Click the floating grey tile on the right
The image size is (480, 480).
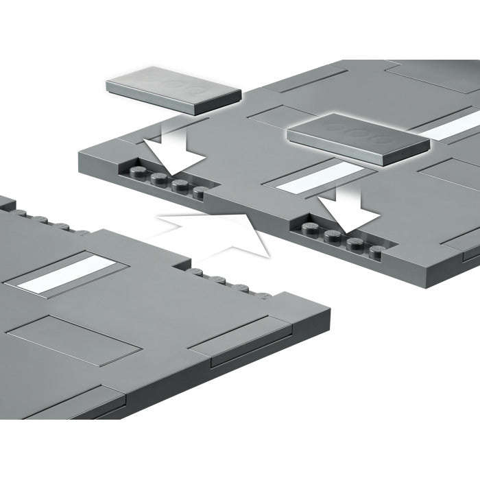pyautogui.click(x=358, y=139)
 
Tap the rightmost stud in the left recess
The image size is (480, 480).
pyautogui.click(x=200, y=192)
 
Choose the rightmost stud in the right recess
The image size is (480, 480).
pyautogui.click(x=376, y=252)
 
